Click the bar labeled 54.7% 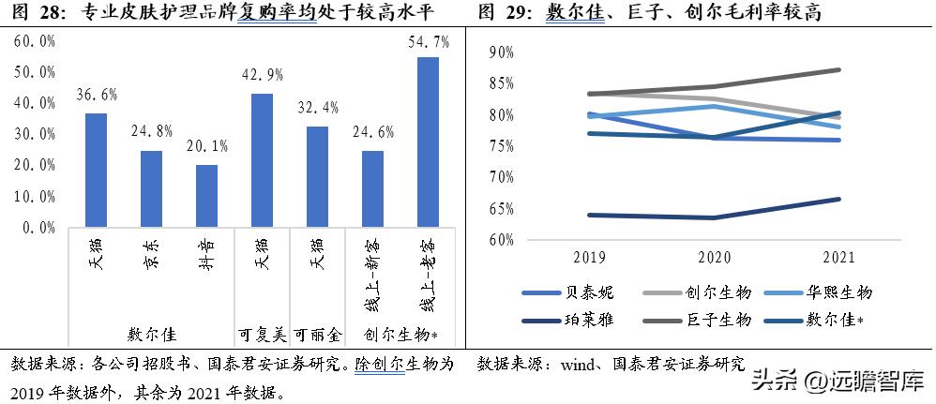(x=428, y=141)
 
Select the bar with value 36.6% (x=96, y=169)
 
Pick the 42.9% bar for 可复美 (x=262, y=159)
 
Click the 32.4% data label (x=317, y=108)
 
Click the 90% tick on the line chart (x=502, y=52)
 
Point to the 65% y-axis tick (x=502, y=208)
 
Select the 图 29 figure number (x=501, y=12)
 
